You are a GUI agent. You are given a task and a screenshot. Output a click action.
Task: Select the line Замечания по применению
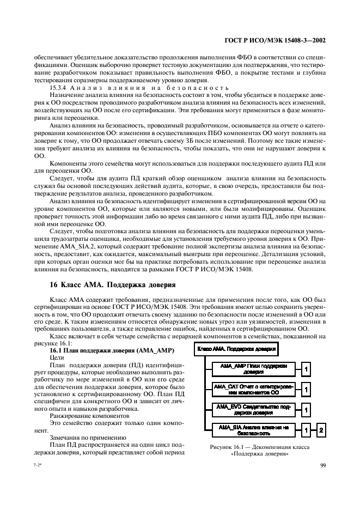point(81,436)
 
